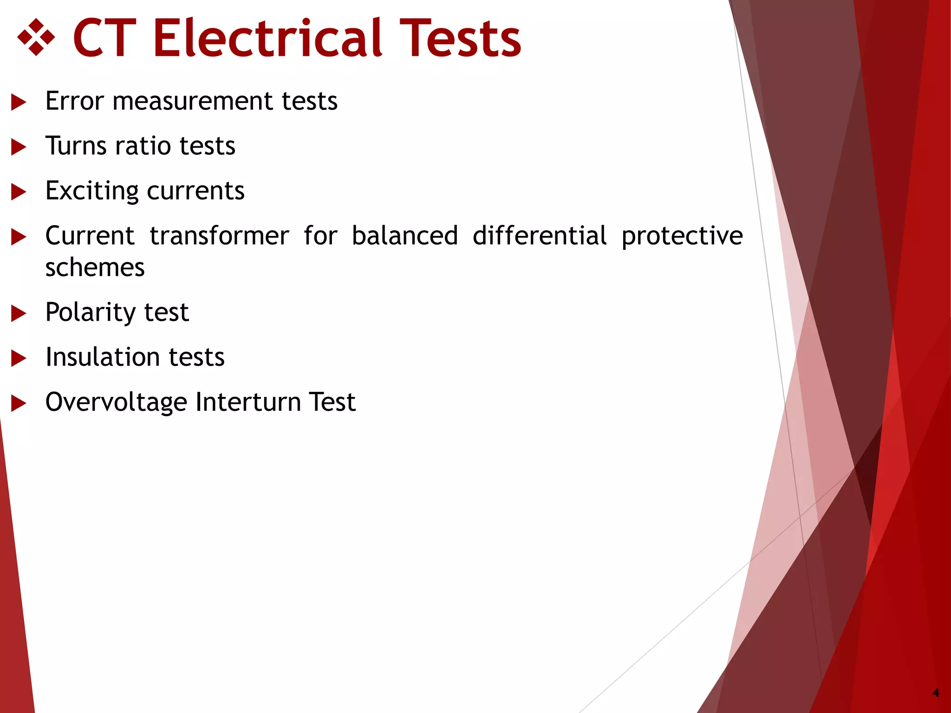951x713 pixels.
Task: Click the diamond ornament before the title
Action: (x=36, y=38)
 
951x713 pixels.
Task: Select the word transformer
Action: (x=219, y=236)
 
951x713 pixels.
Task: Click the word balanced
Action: (x=404, y=236)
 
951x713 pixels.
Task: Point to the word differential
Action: (x=540, y=236)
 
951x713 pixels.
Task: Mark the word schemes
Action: (x=95, y=268)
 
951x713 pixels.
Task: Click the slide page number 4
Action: (x=936, y=693)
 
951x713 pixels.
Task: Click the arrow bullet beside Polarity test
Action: (x=19, y=313)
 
